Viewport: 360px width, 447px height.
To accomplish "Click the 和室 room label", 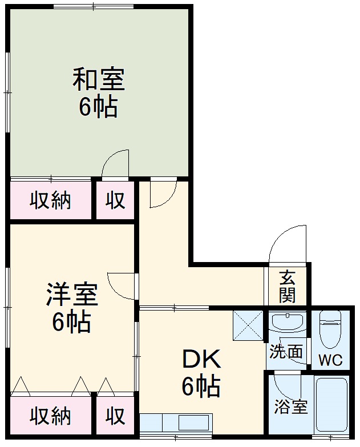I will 98,80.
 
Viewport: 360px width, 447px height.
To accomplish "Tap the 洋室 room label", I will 72,295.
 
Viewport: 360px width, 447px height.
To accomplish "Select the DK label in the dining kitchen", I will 201,360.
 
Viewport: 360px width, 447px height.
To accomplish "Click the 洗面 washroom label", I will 286,352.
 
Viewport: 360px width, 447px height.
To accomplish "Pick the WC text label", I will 330,360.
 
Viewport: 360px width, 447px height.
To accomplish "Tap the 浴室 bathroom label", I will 291,407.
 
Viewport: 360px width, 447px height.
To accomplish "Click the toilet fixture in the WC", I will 330,331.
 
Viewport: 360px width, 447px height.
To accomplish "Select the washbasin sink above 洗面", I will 287,323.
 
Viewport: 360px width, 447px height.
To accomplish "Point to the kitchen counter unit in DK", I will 176,423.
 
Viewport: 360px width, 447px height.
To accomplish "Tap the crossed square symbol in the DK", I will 248,325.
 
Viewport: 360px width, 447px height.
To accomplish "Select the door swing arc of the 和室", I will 116,164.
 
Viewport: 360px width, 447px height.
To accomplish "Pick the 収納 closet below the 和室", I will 50,200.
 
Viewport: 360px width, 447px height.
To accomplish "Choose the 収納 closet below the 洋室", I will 50,416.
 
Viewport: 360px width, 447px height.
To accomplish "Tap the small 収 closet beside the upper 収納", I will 115,200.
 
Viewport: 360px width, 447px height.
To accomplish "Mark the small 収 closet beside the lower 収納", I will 115,416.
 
